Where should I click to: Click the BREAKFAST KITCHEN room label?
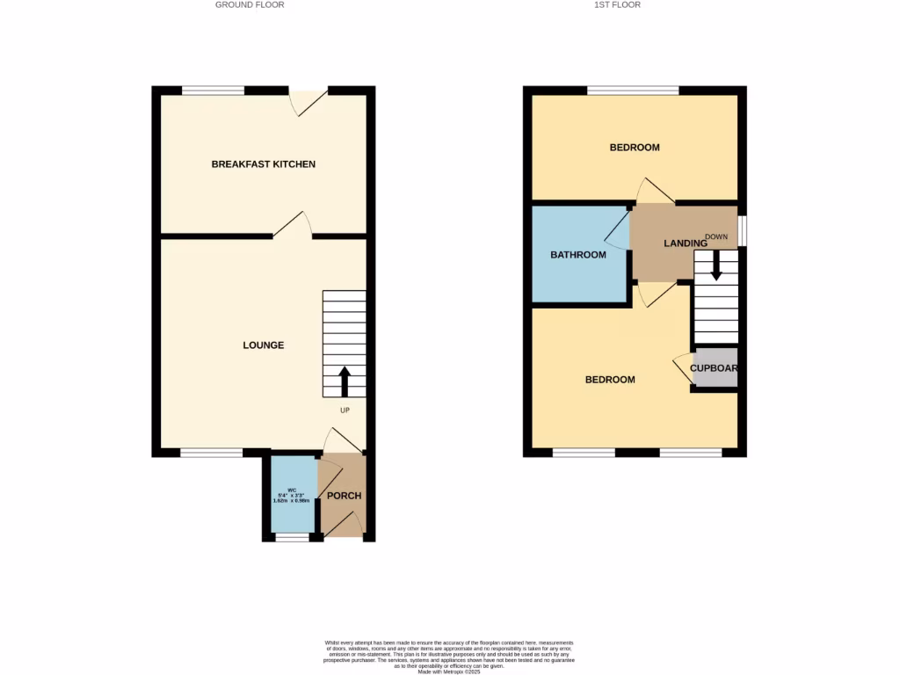[x=263, y=164]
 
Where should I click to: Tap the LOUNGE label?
[x=264, y=345]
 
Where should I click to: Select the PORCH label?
[x=344, y=496]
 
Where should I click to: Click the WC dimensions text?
[x=292, y=495]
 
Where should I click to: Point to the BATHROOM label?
[x=578, y=255]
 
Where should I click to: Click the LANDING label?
[x=686, y=243]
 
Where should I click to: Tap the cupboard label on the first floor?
[x=714, y=369]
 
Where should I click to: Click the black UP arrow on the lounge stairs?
[x=344, y=381]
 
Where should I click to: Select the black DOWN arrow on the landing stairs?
[x=716, y=265]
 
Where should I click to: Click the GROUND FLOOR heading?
[x=250, y=4]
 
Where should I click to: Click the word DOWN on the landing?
[x=716, y=236]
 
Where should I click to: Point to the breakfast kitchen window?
[x=213, y=90]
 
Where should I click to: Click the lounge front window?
[x=211, y=453]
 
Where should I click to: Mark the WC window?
[x=292, y=537]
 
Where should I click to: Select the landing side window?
[x=743, y=230]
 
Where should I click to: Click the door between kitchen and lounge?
[x=293, y=225]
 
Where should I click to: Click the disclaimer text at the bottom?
[x=449, y=656]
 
